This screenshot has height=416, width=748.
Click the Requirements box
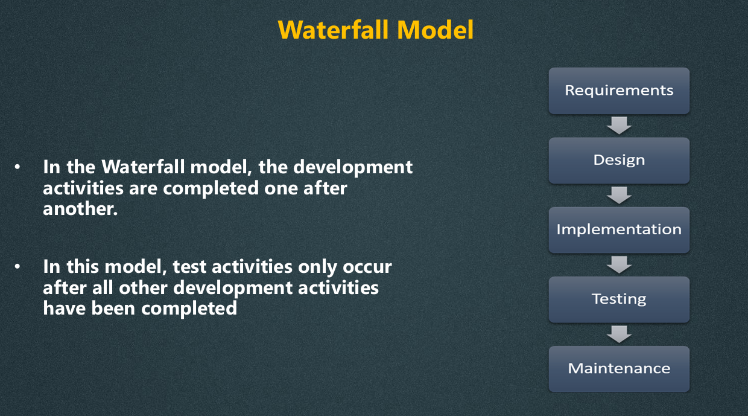pyautogui.click(x=619, y=91)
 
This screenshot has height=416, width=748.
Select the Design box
pyautogui.click(x=619, y=161)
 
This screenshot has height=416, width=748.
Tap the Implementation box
pyautogui.click(x=619, y=230)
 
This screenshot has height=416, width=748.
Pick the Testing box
pyautogui.click(x=619, y=299)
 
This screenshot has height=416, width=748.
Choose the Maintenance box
pyautogui.click(x=619, y=369)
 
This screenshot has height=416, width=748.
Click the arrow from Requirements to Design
pyautogui.click(x=619, y=126)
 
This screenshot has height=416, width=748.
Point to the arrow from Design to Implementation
pyautogui.click(x=619, y=195)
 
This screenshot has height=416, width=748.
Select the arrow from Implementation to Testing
pyautogui.click(x=619, y=264)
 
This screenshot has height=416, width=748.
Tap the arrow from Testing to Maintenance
pyautogui.click(x=619, y=334)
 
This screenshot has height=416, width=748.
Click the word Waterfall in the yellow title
pyautogui.click(x=333, y=30)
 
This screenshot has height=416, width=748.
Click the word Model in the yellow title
pyautogui.click(x=436, y=30)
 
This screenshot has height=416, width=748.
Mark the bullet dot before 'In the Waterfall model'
pyautogui.click(x=17, y=167)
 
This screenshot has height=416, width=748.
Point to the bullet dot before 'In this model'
pyautogui.click(x=17, y=267)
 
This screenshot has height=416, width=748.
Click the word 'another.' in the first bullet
pyautogui.click(x=80, y=209)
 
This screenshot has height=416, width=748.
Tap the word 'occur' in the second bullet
pyautogui.click(x=367, y=267)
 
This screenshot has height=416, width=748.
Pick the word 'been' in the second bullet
pyautogui.click(x=113, y=308)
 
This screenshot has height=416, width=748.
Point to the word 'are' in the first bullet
pyautogui.click(x=143, y=189)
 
